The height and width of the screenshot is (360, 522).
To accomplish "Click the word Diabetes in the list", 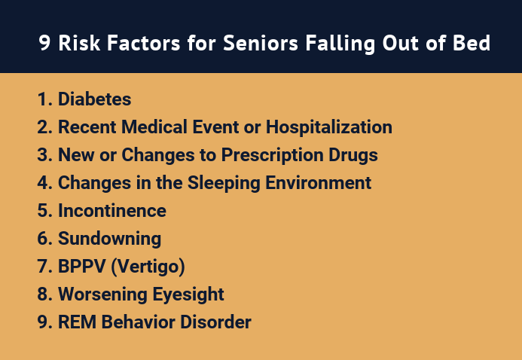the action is [x=95, y=99].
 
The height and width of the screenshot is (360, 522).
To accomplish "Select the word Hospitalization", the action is [x=329, y=127].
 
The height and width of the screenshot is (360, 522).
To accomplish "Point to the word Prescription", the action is [x=272, y=155].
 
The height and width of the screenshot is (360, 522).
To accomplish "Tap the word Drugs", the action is [x=353, y=155].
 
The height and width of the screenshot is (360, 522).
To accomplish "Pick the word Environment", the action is [x=319, y=183].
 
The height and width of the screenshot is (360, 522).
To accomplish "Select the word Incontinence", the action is [x=112, y=211].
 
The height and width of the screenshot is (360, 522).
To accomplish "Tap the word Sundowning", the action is [x=109, y=239].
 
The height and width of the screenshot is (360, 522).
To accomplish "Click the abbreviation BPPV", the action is [x=82, y=267].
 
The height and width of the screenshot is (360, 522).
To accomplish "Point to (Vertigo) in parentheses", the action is [x=148, y=267].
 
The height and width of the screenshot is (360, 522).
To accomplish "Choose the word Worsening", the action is [x=102, y=294].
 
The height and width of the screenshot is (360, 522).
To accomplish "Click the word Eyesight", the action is [x=188, y=294].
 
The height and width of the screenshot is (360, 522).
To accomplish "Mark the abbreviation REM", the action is [x=78, y=322].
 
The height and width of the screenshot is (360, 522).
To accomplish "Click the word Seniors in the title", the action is [x=261, y=43].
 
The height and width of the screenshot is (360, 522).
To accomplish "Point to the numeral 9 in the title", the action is [x=44, y=43].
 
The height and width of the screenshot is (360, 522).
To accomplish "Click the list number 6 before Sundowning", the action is [x=43, y=239].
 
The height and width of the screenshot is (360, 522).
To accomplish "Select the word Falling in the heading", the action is [x=340, y=44].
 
